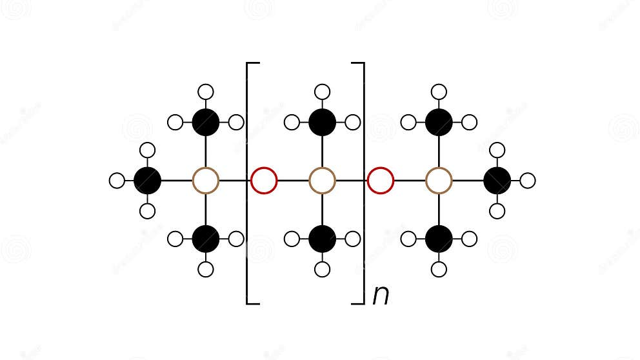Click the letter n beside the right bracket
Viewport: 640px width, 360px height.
click(381, 295)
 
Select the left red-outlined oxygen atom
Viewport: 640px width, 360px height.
click(264, 181)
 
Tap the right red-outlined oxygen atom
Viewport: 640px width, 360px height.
click(381, 181)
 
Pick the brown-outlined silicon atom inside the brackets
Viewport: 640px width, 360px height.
click(323, 181)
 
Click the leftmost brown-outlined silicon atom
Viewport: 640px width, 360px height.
click(206, 181)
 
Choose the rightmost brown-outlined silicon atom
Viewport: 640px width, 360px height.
click(439, 181)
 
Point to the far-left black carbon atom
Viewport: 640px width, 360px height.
click(147, 181)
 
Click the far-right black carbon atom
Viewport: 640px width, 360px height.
click(497, 181)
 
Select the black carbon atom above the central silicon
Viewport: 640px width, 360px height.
click(323, 122)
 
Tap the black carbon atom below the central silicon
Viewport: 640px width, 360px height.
click(323, 239)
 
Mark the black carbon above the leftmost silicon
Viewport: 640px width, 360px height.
click(206, 122)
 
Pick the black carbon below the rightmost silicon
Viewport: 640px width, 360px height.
click(439, 239)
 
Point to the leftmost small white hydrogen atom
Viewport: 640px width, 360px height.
click(117, 181)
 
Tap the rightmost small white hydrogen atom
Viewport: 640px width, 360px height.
click(528, 181)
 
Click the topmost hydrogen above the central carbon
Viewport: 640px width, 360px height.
click(323, 92)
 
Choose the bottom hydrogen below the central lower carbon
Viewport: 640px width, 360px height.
click(323, 270)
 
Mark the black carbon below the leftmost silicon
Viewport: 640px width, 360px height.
click(206, 239)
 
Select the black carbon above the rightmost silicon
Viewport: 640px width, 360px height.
click(439, 122)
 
